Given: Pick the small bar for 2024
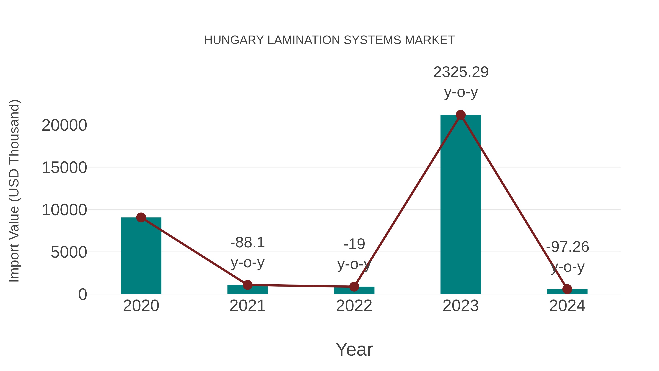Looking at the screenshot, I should [x=567, y=292].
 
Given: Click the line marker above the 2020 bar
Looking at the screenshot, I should [x=141, y=218].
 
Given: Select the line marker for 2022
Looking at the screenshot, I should [x=354, y=287].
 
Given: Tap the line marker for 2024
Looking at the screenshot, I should [x=567, y=289].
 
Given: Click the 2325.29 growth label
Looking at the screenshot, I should [x=461, y=72].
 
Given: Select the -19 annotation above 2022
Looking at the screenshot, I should [x=354, y=244].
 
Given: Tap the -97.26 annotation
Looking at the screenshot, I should [x=567, y=247].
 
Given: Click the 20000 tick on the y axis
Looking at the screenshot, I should [x=64, y=125].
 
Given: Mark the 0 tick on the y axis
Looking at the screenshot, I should [x=82, y=294].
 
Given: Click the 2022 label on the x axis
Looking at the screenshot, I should [x=354, y=306].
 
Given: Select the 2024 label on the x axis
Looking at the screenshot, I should [x=567, y=306].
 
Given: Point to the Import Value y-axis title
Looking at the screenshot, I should [x=14, y=191].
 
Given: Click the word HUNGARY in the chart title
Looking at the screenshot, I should [x=234, y=40].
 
